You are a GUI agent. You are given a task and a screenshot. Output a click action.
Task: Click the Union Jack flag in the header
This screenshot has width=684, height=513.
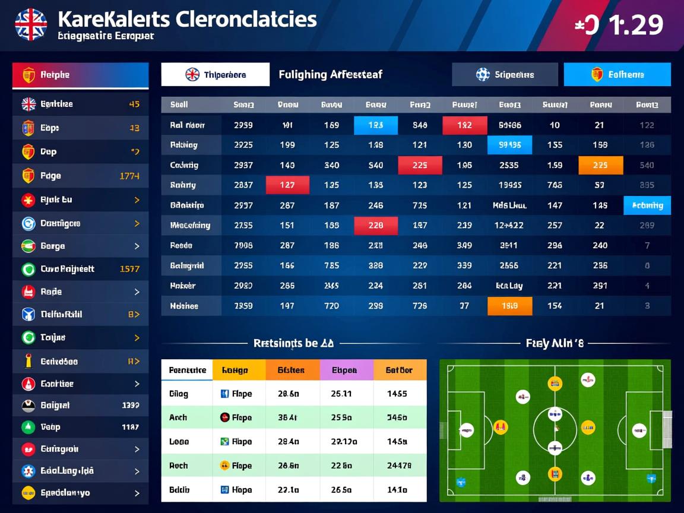coord(31,24)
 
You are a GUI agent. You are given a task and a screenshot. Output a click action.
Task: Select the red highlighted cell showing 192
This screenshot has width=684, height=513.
coord(464,125)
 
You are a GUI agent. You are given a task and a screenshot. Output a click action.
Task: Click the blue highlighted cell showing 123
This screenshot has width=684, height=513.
coord(375,125)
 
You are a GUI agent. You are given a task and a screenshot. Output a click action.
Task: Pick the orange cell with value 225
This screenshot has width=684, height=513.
coord(600,165)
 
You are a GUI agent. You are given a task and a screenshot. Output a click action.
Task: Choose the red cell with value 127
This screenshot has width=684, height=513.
coord(287,185)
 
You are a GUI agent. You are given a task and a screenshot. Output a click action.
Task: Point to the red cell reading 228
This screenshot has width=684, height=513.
coord(375,226)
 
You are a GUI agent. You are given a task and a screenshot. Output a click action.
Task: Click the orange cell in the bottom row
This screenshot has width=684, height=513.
coord(509,306)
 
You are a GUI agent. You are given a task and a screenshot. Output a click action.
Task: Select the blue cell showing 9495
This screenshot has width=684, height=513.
coord(509,145)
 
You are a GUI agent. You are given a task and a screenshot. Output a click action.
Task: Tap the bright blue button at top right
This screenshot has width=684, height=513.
coord(617,75)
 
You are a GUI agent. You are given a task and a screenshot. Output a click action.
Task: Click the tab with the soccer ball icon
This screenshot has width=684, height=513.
coord(505,75)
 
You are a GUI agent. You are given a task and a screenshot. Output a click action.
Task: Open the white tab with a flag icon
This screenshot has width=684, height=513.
coord(215,75)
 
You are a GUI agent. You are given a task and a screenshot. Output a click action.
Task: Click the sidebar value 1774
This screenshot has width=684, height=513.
coord(129,176)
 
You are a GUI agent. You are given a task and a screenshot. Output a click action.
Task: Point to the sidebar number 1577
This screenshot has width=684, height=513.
coord(129,269)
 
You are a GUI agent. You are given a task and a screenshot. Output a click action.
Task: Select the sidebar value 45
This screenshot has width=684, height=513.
coord(134,104)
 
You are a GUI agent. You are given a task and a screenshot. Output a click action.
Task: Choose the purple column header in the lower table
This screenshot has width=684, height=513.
coord(347,370)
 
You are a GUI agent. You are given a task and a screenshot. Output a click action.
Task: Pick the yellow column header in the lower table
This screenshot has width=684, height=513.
coord(239,370)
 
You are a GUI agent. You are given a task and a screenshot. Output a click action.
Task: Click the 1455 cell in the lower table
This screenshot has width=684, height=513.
coord(397,393)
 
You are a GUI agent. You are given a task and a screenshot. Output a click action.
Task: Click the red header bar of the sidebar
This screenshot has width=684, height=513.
coord(80,75)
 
